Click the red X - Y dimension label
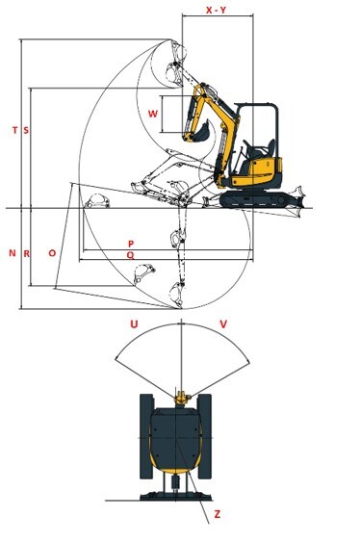coord(216,10)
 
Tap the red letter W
coord(153,114)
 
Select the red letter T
coord(14,130)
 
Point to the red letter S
coord(26,130)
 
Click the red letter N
coord(13,253)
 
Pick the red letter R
coord(26,253)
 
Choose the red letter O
coord(52,253)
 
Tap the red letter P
coord(131,244)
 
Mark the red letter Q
coord(130,255)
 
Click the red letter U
coord(134,324)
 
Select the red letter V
coord(223,324)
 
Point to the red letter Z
coord(217,514)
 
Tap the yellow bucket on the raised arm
coord(202,131)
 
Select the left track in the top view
coord(146,436)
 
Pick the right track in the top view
coord(204,436)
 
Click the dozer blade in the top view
coord(176,496)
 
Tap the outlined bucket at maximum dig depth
coord(176,295)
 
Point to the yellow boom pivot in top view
coord(181,398)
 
